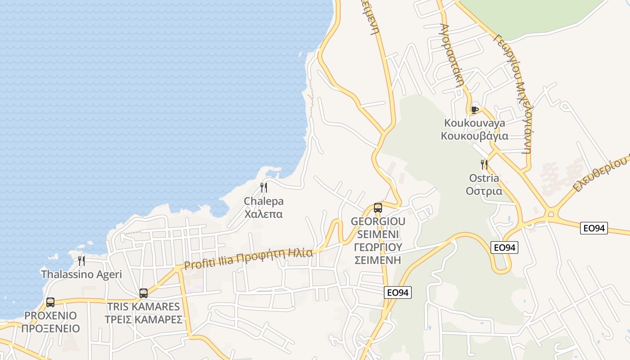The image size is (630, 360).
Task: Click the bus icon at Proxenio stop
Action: click(x=50, y=302)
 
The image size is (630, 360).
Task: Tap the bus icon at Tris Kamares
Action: click(x=144, y=293)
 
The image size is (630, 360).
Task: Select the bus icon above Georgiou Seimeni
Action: click(x=378, y=208)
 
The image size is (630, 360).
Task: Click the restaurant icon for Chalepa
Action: click(x=264, y=188)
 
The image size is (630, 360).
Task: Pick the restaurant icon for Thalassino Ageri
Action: click(x=81, y=261)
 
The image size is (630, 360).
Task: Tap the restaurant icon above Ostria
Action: click(x=484, y=164)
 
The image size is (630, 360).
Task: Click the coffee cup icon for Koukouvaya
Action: click(x=474, y=109)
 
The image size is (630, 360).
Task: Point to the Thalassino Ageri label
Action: click(x=81, y=274)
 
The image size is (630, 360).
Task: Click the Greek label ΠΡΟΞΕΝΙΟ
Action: click(x=50, y=328)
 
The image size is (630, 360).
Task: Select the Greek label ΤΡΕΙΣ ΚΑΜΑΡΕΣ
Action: click(x=144, y=319)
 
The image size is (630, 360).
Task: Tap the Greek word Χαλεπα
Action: click(x=264, y=214)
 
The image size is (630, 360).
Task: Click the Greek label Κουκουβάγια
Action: click(x=474, y=136)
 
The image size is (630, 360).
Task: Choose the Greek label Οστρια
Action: click(x=484, y=191)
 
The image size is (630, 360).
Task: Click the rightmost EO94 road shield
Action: click(x=594, y=228)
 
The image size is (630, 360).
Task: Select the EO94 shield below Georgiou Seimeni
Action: click(x=398, y=292)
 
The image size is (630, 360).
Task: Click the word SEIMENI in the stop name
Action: click(x=378, y=234)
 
